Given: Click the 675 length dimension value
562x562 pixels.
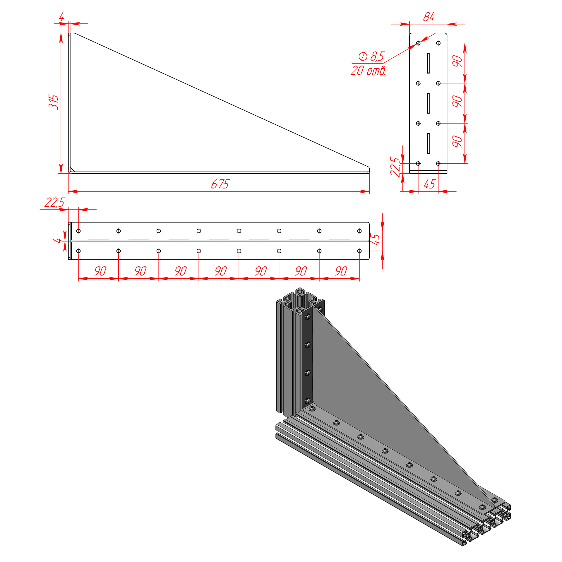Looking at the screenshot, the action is click(x=220, y=184).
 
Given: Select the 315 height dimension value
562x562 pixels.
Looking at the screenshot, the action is click(x=54, y=102).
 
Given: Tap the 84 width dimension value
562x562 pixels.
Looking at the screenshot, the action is click(x=429, y=17).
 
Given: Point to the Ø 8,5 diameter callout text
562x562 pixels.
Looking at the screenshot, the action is click(x=371, y=56).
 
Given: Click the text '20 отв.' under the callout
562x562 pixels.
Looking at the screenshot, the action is click(x=368, y=71).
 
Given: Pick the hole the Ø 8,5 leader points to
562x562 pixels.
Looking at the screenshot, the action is click(x=418, y=43).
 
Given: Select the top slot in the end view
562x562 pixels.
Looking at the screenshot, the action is click(x=428, y=63).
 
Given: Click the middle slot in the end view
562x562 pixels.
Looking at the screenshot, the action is click(x=428, y=103).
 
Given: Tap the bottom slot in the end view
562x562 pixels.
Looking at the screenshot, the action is click(x=428, y=143).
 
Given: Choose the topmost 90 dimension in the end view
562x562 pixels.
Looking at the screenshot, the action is click(x=457, y=61).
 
